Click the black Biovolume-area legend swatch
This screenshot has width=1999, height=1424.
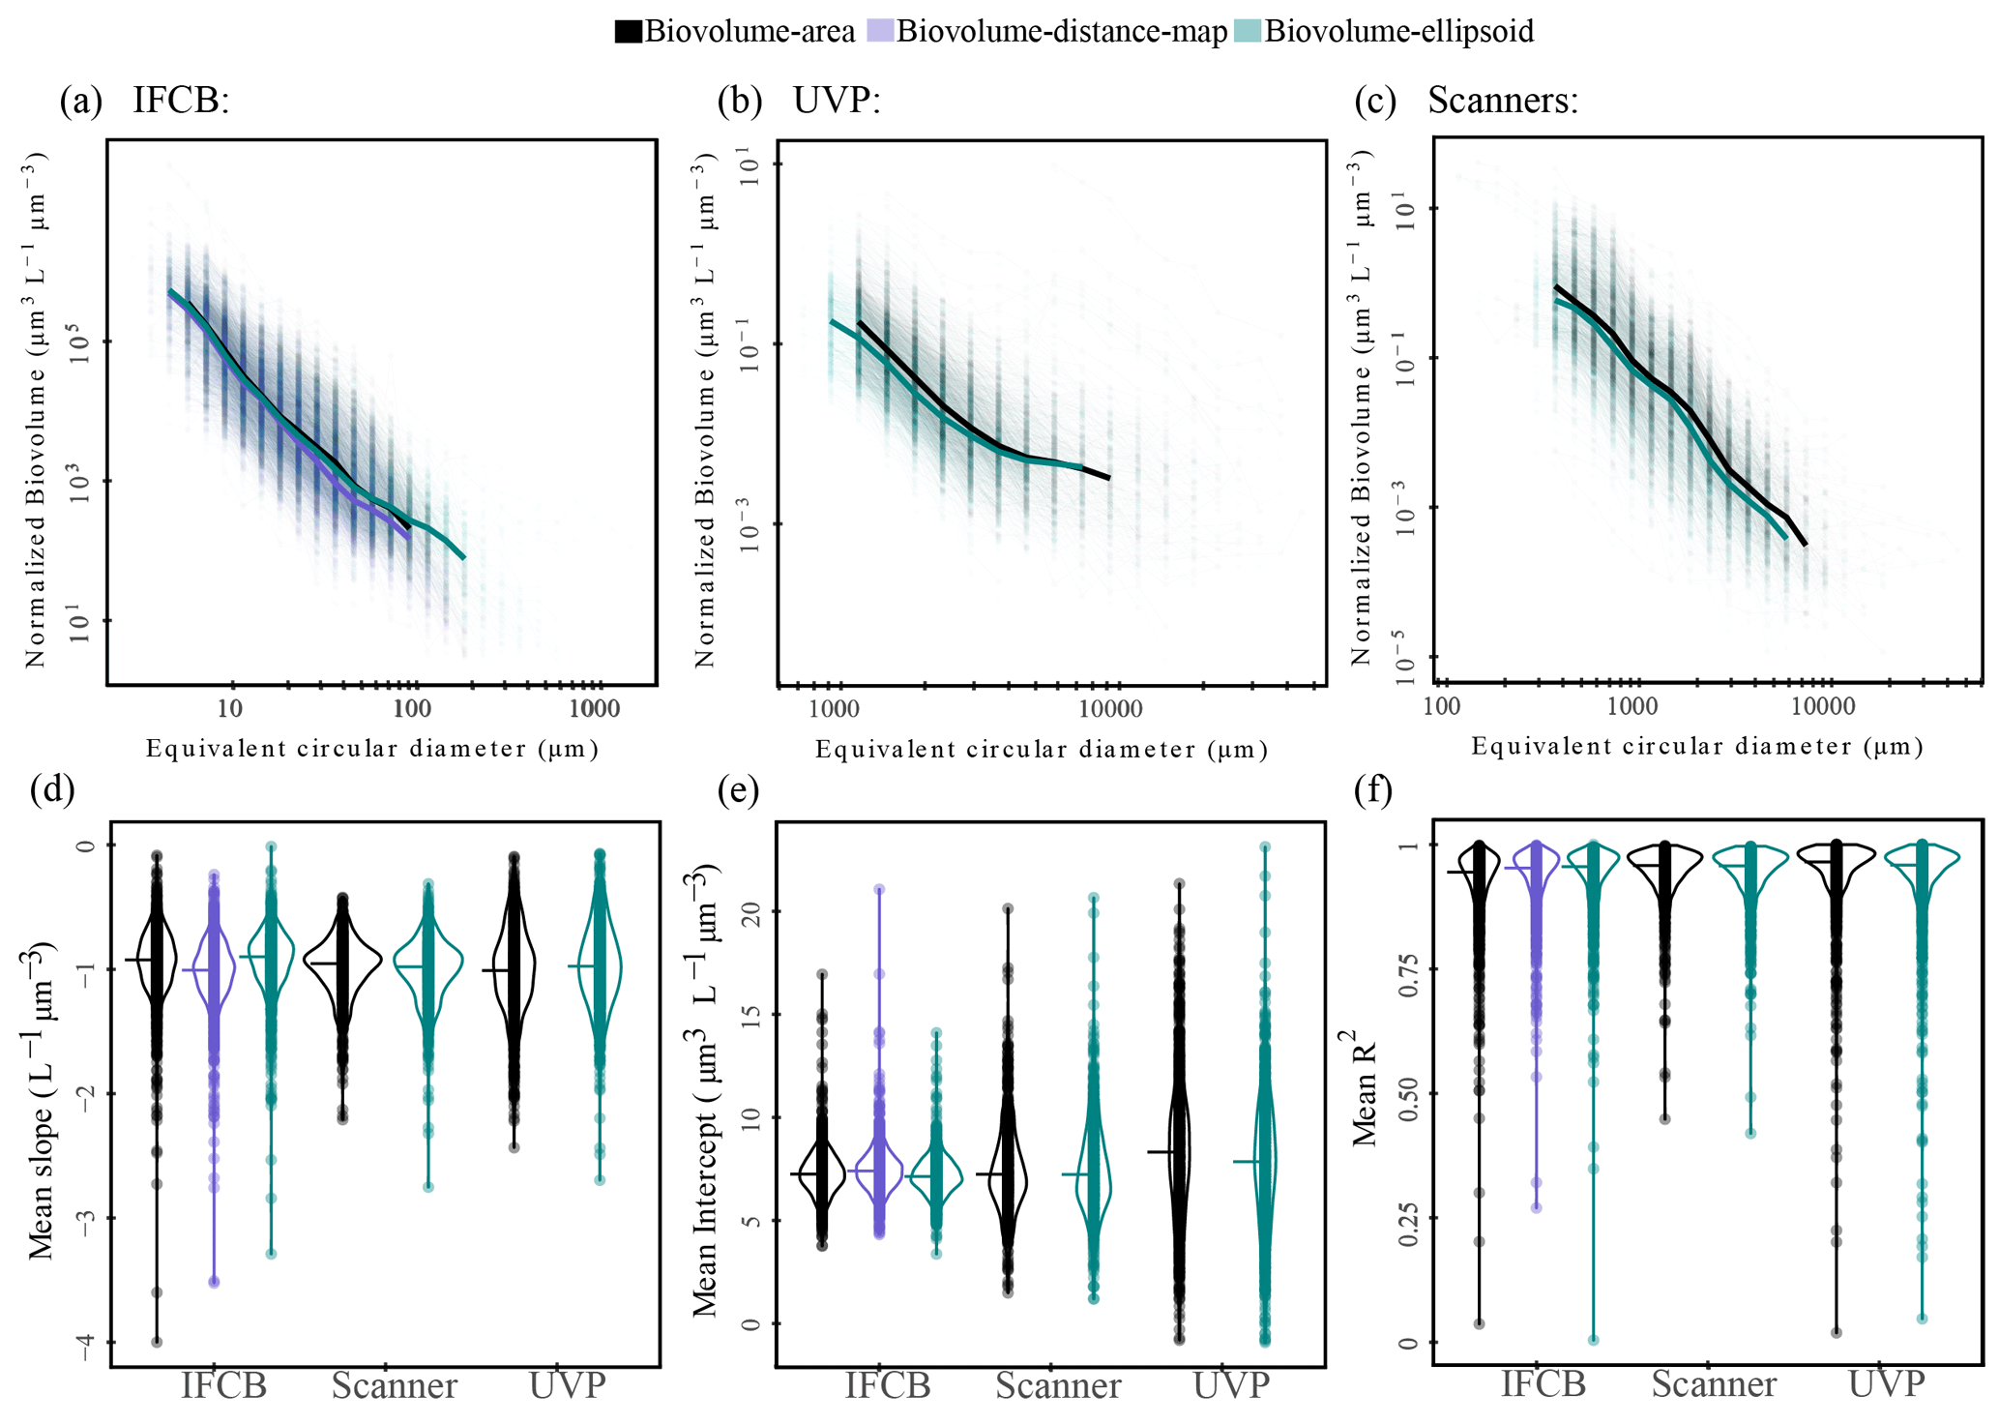[x=629, y=32]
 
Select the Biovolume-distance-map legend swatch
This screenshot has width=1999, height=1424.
[x=880, y=32]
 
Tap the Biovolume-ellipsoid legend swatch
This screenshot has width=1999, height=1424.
[x=1249, y=32]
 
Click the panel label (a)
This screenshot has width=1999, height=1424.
[x=80, y=101]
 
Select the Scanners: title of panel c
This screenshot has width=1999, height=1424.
[x=1502, y=101]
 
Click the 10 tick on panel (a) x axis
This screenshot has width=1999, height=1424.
[x=230, y=709]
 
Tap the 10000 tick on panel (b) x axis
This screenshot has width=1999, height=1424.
[x=1110, y=709]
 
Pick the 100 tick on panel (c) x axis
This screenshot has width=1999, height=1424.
[x=1442, y=707]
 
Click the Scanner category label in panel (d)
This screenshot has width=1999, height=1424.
[x=395, y=1386]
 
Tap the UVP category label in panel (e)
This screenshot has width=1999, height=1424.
[x=1231, y=1386]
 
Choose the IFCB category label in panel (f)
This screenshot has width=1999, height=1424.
[x=1543, y=1384]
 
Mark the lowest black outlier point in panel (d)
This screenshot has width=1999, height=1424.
[x=157, y=1342]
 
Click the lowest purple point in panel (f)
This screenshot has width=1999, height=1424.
[x=1537, y=1207]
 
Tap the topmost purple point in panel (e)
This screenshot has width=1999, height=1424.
[x=879, y=889]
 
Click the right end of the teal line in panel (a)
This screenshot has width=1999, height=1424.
[x=464, y=558]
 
